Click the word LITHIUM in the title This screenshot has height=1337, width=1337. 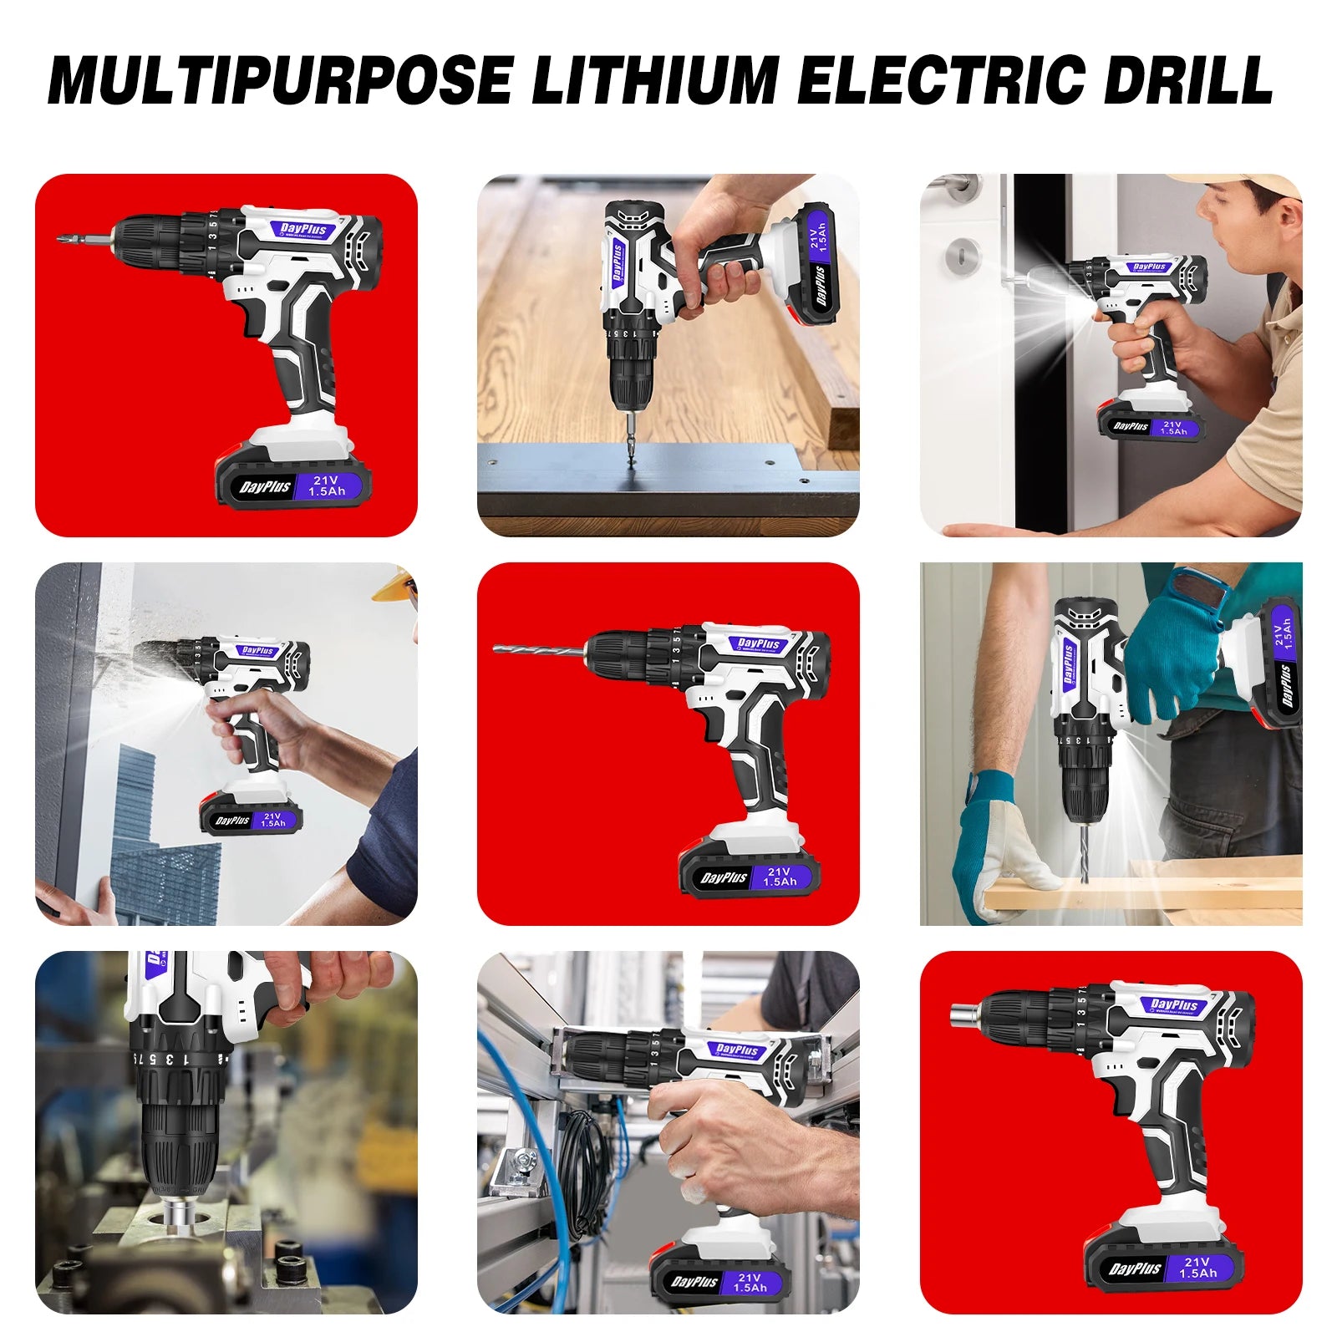point(654,80)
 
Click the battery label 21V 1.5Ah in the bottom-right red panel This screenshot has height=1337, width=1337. point(1197,1268)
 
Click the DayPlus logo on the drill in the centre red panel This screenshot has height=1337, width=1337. point(759,643)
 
